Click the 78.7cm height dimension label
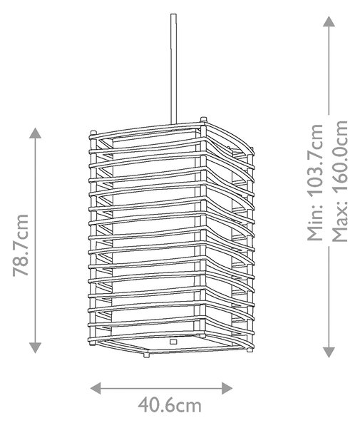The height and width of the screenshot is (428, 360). point(21,245)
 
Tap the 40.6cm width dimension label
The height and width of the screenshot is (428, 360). point(170,405)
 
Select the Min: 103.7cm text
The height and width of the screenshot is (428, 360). point(316,183)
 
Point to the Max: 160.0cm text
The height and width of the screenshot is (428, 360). point(340,180)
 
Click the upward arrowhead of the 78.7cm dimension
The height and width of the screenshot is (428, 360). point(36,133)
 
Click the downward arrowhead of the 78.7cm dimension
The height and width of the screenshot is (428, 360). point(36,348)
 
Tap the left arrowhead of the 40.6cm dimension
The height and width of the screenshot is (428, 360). point(96,388)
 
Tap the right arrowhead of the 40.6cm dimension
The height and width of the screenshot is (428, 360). point(227,388)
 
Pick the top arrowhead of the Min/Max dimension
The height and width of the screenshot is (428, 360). point(329,21)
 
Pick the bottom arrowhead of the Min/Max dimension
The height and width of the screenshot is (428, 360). point(329,352)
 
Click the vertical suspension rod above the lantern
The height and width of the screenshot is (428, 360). point(174,68)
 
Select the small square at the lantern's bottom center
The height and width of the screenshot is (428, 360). point(173,342)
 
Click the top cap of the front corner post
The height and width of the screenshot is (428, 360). point(203,119)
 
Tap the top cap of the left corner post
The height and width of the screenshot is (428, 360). point(93,133)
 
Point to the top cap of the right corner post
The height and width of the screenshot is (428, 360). point(251,148)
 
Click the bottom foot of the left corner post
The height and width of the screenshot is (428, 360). point(93,342)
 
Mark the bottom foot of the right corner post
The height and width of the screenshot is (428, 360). point(250,349)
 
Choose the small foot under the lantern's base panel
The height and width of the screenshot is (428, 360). point(146,355)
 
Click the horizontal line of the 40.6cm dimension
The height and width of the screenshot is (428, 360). point(161,388)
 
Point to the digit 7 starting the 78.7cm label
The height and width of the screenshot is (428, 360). point(21,272)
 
